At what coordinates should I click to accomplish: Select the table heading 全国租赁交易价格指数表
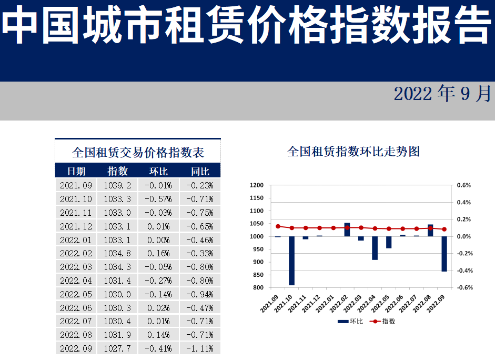(138, 153)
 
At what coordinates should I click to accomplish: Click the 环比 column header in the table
(158, 171)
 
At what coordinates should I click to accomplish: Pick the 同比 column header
(200, 171)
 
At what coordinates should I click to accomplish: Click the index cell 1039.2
(117, 185)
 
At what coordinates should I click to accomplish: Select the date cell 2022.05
(76, 294)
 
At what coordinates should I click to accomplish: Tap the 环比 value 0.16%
(158, 254)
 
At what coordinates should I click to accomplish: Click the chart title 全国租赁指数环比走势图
(353, 152)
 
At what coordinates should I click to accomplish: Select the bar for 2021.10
(292, 261)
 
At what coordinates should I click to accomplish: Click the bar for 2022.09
(444, 254)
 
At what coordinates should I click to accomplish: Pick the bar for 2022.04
(375, 248)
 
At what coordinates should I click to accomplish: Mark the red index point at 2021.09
(278, 226)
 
